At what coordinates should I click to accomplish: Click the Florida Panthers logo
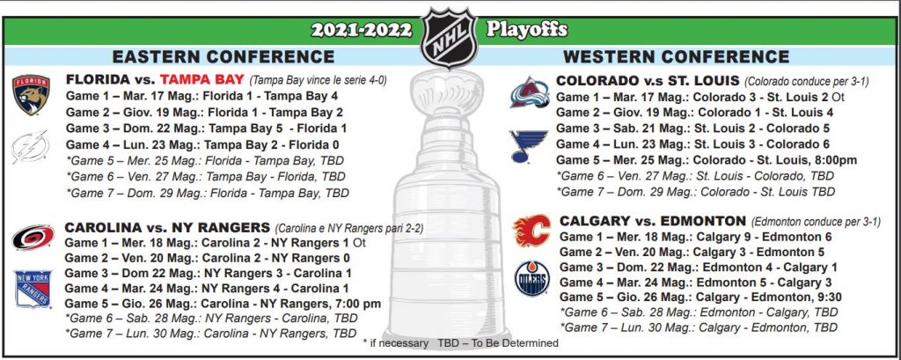[31, 95]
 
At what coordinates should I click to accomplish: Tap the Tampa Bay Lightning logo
[31, 147]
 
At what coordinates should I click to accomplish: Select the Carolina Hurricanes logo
[33, 238]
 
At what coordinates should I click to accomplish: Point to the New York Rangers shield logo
[33, 289]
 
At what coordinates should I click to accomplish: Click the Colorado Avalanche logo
[529, 92]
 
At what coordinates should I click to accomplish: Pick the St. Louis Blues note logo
[528, 146]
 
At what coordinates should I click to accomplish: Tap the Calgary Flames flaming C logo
[531, 231]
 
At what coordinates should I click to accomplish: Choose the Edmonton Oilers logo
[531, 278]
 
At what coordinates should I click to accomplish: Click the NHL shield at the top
[449, 37]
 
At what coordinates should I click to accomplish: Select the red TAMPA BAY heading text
[202, 79]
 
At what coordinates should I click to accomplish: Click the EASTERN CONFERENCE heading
[223, 56]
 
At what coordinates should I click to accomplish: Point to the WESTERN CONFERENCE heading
[677, 56]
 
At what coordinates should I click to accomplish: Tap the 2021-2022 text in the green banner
[362, 30]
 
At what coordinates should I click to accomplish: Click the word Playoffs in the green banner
[527, 29]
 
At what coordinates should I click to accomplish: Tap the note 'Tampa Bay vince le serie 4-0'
[318, 80]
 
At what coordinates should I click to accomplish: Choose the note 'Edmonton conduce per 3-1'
[815, 222]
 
